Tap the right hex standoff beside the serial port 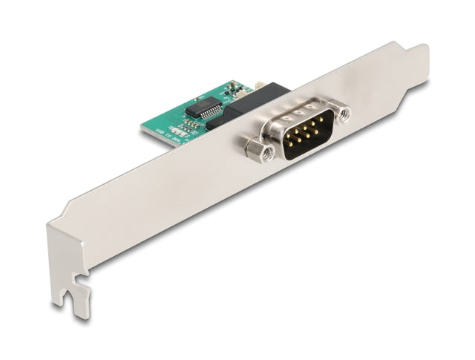pos(343,114)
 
